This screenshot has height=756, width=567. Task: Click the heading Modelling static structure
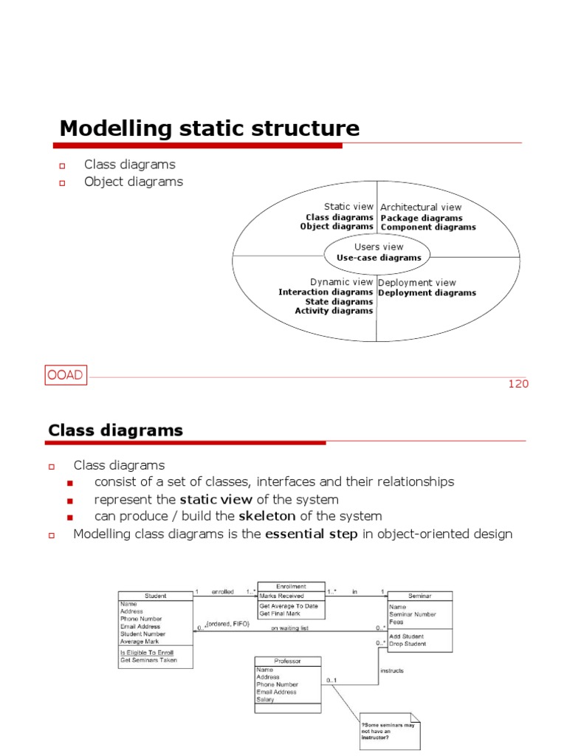pyautogui.click(x=210, y=128)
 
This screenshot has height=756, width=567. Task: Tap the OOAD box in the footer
pyautogui.click(x=66, y=377)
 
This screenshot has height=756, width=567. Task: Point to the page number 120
pyautogui.click(x=518, y=384)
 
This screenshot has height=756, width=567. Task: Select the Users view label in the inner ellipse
pyautogui.click(x=379, y=247)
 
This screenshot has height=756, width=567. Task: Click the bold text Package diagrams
pyautogui.click(x=422, y=218)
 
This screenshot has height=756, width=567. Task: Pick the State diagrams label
pyautogui.click(x=339, y=301)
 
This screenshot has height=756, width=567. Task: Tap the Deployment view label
pyautogui.click(x=417, y=282)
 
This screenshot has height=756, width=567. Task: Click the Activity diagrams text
pyautogui.click(x=334, y=311)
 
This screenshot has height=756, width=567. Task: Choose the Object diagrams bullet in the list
pyautogui.click(x=134, y=182)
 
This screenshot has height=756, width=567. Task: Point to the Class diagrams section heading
pyautogui.click(x=115, y=430)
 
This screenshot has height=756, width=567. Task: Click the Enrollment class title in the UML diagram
pyautogui.click(x=291, y=585)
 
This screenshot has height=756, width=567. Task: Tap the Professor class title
pyautogui.click(x=288, y=661)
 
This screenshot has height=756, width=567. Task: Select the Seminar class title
pyautogui.click(x=419, y=596)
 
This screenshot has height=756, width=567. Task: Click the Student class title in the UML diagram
pyautogui.click(x=156, y=596)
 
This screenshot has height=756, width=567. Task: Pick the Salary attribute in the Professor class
pyautogui.click(x=265, y=699)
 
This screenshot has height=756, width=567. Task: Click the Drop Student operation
pyautogui.click(x=407, y=644)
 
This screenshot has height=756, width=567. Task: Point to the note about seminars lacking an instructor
pyautogui.click(x=387, y=731)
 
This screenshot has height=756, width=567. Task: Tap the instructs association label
pyautogui.click(x=391, y=671)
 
